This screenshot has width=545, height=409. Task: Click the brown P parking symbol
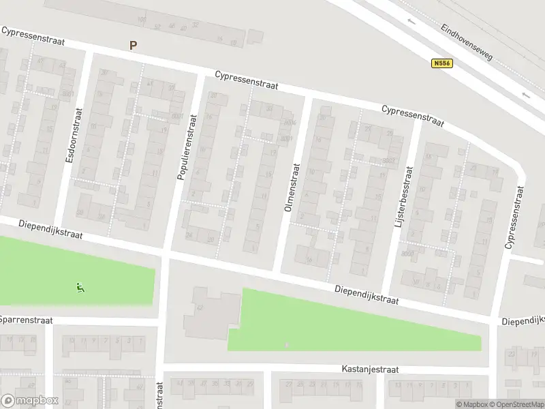coord(134,46)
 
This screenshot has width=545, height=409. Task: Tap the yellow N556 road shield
coord(442,63)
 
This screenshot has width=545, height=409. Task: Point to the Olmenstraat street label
coord(292,186)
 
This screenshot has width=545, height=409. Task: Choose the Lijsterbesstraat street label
coord(404,196)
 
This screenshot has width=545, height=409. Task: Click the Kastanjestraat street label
coord(370,369)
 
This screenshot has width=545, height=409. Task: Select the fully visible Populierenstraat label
coord(183,148)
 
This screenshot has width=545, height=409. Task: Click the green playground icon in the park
coord(80,288)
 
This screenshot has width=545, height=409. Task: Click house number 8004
coord(290,123)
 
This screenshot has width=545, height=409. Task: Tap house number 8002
coord(388,161)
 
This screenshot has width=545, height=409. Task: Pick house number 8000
coord(407,254)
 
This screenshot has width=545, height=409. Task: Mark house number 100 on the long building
coord(142,19)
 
